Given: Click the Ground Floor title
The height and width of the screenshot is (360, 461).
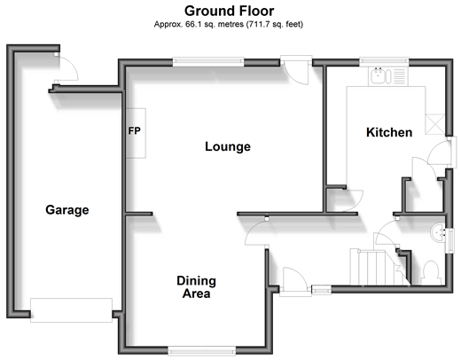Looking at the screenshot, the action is [x=229, y=11].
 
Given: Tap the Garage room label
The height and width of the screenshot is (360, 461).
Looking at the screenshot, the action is [x=67, y=210].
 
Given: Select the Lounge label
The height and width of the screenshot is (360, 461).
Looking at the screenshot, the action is [x=228, y=146].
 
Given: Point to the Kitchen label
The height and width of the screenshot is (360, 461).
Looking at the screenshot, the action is [x=389, y=132].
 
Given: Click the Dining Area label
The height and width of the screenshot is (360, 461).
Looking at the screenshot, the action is [x=196, y=287].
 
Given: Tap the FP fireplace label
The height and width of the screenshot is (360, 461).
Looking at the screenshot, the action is [x=135, y=130].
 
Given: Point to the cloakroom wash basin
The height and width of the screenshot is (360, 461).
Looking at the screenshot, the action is [x=438, y=232].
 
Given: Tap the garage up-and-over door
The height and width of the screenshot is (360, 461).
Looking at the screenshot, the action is [x=71, y=310].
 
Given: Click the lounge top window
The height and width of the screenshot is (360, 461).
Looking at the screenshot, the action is [x=208, y=61].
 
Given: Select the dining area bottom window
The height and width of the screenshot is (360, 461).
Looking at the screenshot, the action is [x=202, y=351].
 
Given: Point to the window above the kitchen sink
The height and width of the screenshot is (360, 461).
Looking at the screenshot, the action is [x=384, y=61].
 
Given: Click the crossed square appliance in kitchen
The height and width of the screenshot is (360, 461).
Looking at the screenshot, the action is [x=435, y=124].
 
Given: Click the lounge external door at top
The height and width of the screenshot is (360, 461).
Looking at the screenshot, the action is [x=296, y=70].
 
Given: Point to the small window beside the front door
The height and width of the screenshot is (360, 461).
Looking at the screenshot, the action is [x=321, y=290].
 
